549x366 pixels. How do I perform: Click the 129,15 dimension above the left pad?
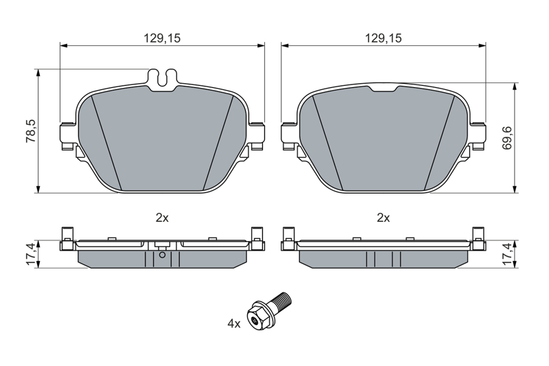coord(162,38)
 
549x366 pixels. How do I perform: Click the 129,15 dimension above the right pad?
coord(384,38)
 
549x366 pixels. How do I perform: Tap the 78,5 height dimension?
coord(31,130)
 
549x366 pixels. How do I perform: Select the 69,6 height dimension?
coord(507,137)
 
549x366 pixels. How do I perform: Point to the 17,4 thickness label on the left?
coord(31,254)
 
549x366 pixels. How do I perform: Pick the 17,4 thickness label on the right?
coord(507,254)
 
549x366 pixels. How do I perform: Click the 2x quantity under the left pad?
coord(162,218)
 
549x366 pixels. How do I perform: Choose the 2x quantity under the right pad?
coord(384,218)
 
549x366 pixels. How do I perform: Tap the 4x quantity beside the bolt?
coord(234,323)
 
